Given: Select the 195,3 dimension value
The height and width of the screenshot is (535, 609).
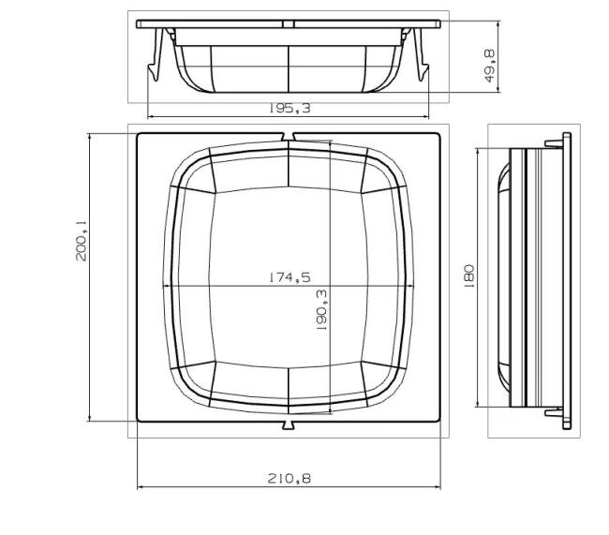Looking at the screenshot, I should tap(289, 109).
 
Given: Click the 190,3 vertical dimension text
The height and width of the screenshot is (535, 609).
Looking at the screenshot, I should tap(321, 310).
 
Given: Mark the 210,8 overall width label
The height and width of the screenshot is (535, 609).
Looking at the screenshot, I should tap(289, 479).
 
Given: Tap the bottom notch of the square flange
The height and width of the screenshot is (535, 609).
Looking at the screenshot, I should tap(288, 426).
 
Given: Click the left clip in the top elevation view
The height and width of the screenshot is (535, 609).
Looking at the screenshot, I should tap(157, 56).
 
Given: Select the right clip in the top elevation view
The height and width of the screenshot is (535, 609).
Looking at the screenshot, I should tap(419, 56).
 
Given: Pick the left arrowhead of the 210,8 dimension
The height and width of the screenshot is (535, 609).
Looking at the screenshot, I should tap(141, 487).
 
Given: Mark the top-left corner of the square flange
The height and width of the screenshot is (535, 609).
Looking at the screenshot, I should tap(139, 134).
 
